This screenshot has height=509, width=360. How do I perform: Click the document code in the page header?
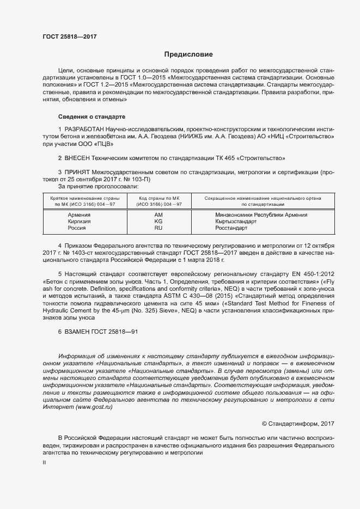coord(70,38)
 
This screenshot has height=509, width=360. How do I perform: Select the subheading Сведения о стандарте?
coord(91,116)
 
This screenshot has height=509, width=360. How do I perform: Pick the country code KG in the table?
coord(158,221)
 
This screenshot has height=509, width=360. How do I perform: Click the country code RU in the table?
coord(158,228)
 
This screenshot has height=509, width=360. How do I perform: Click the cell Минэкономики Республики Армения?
coord(261,214)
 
